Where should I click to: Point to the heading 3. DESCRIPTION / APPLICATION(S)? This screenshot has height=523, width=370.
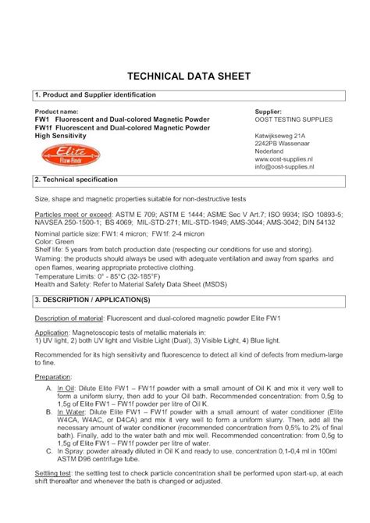coord(96,300)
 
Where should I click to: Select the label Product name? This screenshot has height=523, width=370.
coord(59,112)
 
